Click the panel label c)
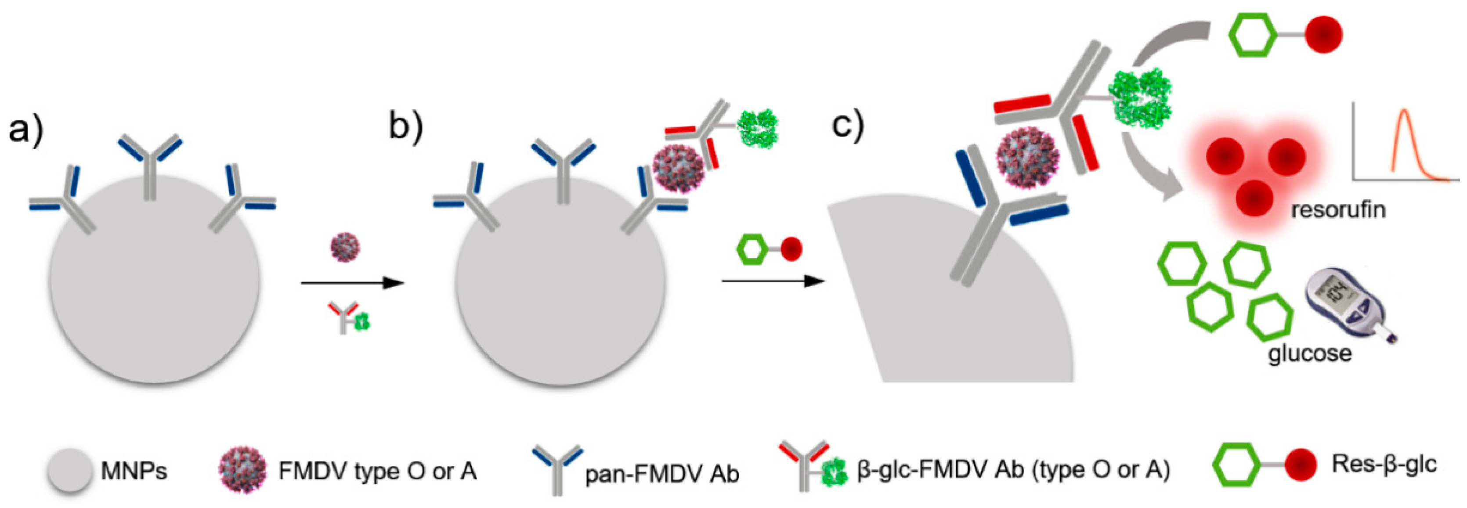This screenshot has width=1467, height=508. [847, 124]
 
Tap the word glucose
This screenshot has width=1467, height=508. [1310, 353]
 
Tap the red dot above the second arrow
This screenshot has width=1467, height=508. [791, 249]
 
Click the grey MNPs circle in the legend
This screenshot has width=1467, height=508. [69, 470]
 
